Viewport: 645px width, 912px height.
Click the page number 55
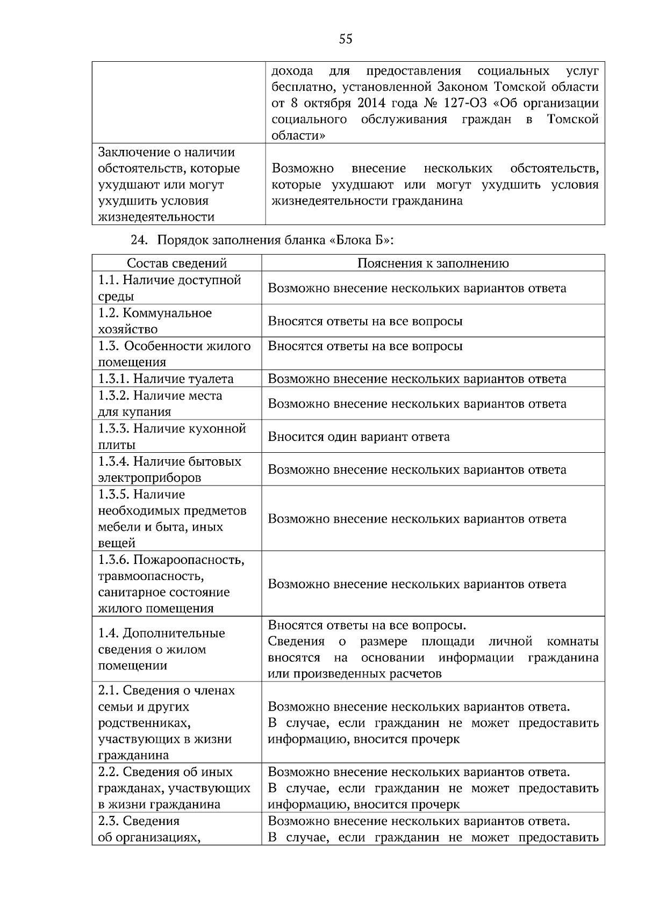(346, 39)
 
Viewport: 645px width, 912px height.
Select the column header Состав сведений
(176, 263)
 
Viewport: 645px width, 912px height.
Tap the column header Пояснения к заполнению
(433, 263)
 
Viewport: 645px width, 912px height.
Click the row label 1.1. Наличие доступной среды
(169, 288)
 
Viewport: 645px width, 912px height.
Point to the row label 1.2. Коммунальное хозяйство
(155, 321)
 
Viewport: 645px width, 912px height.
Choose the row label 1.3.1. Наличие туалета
(166, 379)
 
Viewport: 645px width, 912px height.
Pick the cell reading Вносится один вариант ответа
(359, 436)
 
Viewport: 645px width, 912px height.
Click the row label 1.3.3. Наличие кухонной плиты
(171, 436)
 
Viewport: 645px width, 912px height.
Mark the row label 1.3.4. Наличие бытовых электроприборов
(169, 469)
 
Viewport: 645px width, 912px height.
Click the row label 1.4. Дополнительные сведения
(161, 649)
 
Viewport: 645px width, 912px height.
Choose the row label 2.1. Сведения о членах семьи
(166, 722)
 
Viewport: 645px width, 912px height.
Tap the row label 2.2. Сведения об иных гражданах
(174, 787)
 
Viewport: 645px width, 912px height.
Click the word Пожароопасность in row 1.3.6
(189, 560)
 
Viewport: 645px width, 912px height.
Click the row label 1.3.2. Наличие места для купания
(160, 403)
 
